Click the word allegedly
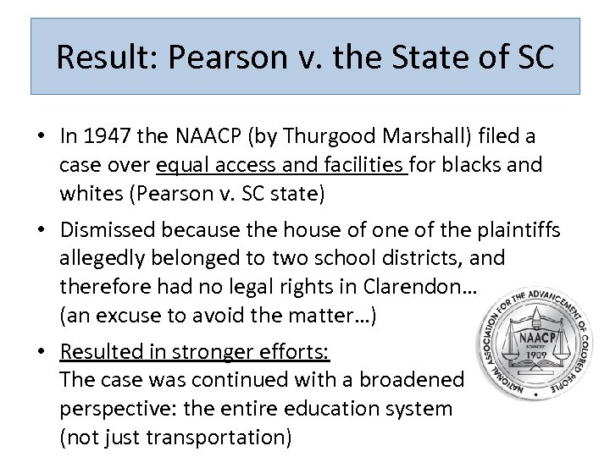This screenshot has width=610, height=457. pos(106,257)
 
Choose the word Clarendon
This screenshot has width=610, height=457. pos(419,287)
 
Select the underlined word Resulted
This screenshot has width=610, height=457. pos(107,351)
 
